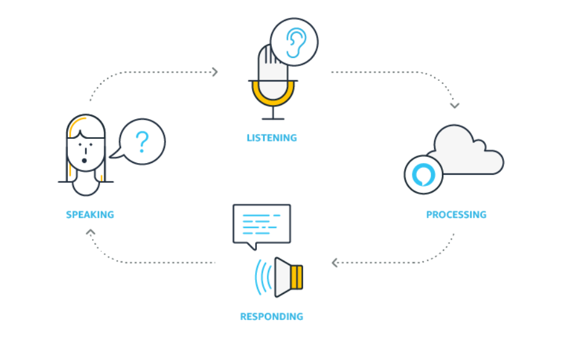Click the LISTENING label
point(272,138)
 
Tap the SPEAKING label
point(90,215)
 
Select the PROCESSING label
point(456,215)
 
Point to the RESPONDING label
point(272,317)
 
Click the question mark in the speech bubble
point(142,141)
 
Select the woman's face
point(85,148)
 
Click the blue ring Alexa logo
point(424,174)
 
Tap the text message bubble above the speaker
point(261,224)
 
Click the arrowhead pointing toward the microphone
point(215,72)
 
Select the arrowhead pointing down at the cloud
point(454,106)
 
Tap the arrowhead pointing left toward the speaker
point(335,263)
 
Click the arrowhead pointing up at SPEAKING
point(90,233)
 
